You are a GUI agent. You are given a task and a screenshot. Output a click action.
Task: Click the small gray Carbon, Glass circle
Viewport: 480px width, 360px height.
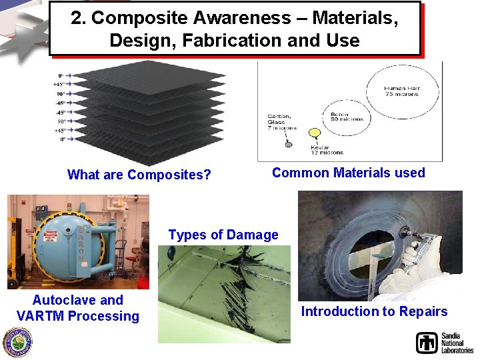pyautogui.click(x=289, y=143)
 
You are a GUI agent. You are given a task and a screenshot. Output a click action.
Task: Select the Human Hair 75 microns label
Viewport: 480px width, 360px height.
pyautogui.click(x=401, y=91)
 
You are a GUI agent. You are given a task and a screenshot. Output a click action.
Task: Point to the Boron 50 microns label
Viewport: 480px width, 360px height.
pyautogui.click(x=347, y=117)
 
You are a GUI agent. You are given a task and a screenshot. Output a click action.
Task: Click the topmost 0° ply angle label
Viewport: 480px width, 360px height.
pyautogui.click(x=61, y=76)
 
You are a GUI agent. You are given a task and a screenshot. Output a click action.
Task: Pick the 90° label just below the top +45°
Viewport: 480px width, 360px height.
pyautogui.click(x=61, y=94)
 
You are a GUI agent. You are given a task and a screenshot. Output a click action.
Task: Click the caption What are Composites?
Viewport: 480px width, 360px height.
pyautogui.click(x=139, y=175)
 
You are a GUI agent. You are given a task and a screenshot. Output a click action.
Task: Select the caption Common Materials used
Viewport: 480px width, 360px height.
pyautogui.click(x=348, y=173)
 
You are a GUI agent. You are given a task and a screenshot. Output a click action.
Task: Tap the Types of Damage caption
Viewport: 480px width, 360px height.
pyautogui.click(x=223, y=235)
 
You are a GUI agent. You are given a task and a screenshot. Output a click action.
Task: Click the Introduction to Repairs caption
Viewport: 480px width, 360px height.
pyautogui.click(x=374, y=311)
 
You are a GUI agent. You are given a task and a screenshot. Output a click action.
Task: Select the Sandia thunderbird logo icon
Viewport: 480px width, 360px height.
pyautogui.click(x=427, y=343)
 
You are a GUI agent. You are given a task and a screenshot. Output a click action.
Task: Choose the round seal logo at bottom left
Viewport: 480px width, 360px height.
pyautogui.click(x=17, y=342)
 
